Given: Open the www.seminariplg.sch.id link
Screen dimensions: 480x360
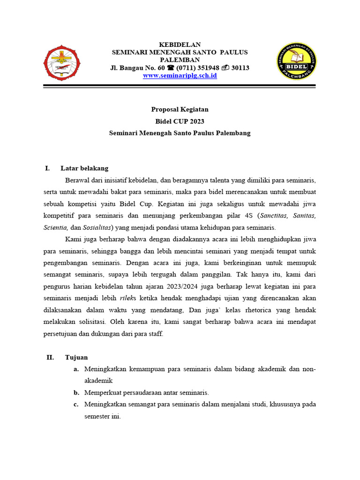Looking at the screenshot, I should coord(180,75).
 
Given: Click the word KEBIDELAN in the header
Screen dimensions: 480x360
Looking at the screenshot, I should coord(180,44).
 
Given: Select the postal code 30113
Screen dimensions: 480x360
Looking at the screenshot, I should coord(240,67).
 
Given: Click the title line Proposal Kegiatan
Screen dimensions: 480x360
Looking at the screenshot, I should coord(180,109).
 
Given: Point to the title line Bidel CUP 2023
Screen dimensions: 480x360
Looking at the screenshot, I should coord(180,121).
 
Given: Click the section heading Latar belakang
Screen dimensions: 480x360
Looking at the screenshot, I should coord(84,168).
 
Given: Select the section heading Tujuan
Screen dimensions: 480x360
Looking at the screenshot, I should coord(76,357).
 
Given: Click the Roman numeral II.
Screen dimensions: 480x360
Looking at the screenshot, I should coord(50,357).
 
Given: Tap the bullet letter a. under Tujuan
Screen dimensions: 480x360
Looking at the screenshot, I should coord(76,369).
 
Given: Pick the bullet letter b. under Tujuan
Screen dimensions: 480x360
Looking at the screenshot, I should coord(76,393).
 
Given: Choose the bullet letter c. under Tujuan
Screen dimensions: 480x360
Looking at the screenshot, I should coord(76,404).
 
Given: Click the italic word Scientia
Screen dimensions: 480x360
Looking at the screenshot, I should coord(56,227).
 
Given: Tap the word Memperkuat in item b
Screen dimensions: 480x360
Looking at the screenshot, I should coord(103,393).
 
